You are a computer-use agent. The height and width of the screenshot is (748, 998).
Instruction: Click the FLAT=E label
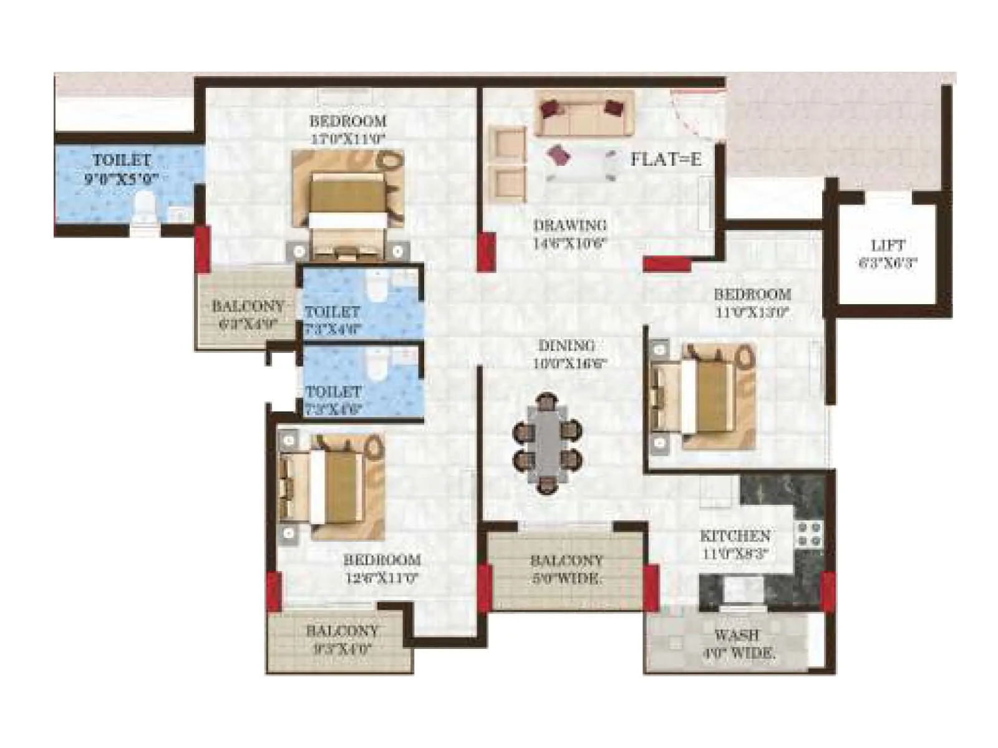coord(665,160)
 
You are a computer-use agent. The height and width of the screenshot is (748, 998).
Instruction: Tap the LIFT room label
coord(888,246)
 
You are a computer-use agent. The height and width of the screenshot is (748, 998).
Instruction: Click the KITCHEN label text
coord(735,536)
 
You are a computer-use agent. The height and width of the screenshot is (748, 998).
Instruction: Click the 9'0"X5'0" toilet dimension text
coord(121,180)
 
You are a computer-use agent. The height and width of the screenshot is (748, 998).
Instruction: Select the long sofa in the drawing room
coord(583,114)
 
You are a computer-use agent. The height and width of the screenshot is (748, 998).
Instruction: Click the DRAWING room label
coord(569,225)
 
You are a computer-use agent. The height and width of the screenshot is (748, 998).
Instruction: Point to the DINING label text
coord(566,345)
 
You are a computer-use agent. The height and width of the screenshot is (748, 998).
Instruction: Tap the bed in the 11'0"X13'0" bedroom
coord(704,396)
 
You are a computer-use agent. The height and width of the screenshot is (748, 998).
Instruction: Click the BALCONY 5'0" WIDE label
coord(566,569)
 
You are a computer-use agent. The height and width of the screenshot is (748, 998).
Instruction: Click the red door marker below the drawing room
coord(667,264)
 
